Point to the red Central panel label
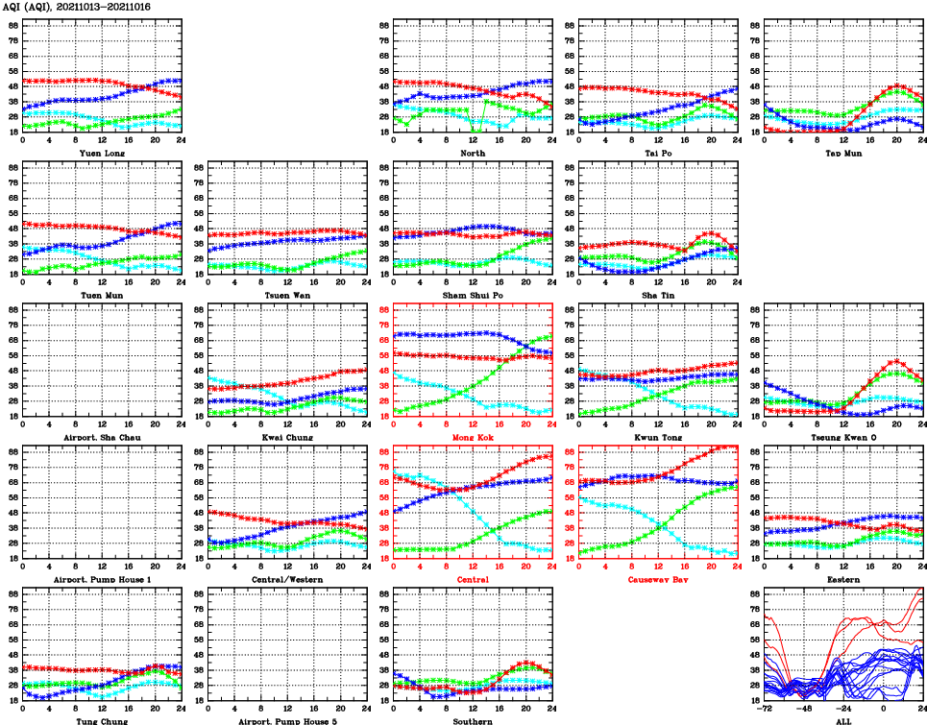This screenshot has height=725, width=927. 473,580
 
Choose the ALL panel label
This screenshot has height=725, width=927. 843,720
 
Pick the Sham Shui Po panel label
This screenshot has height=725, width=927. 473,296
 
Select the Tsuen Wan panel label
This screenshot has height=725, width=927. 287,296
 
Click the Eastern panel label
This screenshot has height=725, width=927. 843,580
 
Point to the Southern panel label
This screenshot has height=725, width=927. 473,720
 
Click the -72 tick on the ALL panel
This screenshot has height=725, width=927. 765,709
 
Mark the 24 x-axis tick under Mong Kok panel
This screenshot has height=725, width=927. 551,424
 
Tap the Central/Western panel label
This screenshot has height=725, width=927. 287,580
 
